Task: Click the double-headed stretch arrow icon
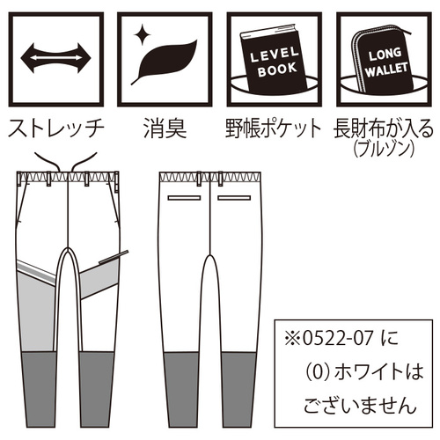point(55,58)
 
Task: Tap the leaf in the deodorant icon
point(165,62)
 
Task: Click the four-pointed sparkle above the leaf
point(143,34)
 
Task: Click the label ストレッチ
point(55,128)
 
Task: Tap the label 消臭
point(165,128)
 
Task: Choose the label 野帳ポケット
point(274,128)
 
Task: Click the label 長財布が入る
point(384,128)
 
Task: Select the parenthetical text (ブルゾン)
point(384,149)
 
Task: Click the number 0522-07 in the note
point(338,338)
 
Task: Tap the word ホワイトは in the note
point(379,371)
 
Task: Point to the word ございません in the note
point(360,405)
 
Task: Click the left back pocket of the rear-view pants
point(184,198)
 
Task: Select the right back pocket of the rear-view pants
point(234,198)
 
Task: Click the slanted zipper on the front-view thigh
point(114,257)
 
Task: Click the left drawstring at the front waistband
point(48,161)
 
